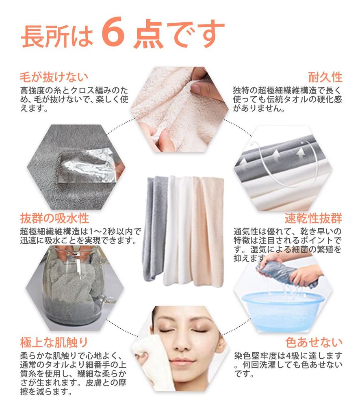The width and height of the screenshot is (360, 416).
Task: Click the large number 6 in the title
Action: pyautogui.click(x=113, y=32)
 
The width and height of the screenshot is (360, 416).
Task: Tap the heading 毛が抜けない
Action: pyautogui.click(x=54, y=77)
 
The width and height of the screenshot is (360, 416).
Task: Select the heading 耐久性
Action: pyautogui.click(x=325, y=77)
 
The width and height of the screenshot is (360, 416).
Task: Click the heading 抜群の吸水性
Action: pyautogui.click(x=54, y=218)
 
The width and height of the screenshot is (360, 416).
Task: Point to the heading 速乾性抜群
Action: pyautogui.click(x=314, y=218)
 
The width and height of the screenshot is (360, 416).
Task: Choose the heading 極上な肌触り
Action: pyautogui.click(x=54, y=342)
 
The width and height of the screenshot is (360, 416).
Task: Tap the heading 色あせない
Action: pyautogui.click(x=314, y=342)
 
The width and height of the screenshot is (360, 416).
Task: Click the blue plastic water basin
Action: pyautogui.click(x=283, y=309)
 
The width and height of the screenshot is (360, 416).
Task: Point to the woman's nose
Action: pyautogui.click(x=183, y=342)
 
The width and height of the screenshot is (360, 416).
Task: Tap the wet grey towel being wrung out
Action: pyautogui.click(x=286, y=273)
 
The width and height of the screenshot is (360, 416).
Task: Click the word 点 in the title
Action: pyautogui.click(x=148, y=33)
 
